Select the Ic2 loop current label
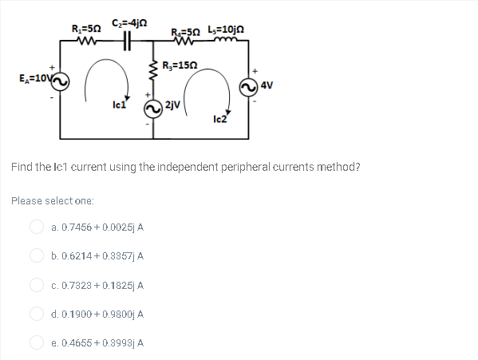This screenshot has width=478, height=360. tap(221, 119)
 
